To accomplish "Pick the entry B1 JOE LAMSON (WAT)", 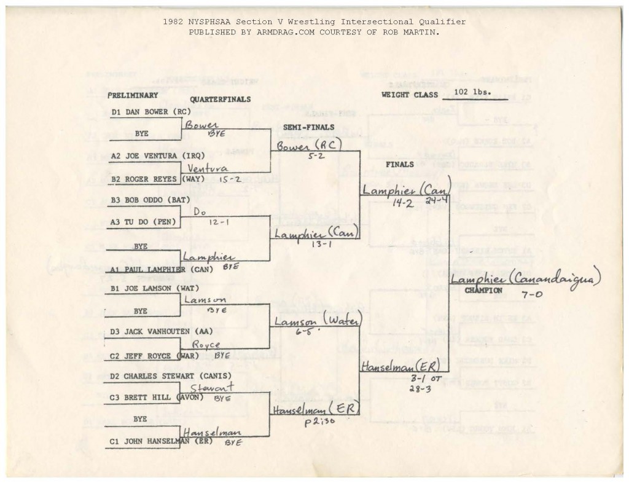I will click(153, 288).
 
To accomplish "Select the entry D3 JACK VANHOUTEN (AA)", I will click(158, 332).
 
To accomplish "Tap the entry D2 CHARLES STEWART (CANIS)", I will click(162, 375).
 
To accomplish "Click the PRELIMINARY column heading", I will click(133, 95).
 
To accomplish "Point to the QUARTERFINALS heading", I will click(221, 99).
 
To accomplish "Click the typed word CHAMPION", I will click(483, 290).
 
